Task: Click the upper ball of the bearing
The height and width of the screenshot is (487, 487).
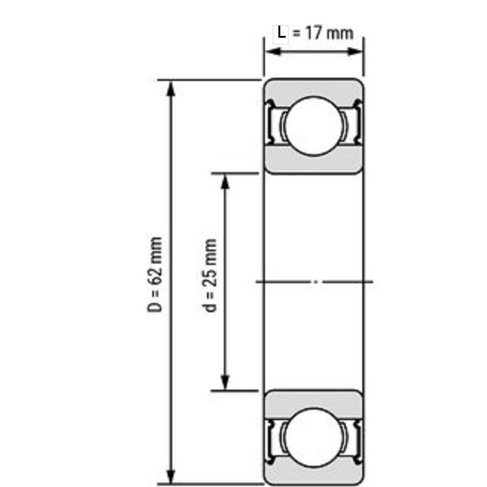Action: click(x=314, y=126)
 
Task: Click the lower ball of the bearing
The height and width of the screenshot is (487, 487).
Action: click(x=314, y=438)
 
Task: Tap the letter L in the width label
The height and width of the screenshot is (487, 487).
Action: click(x=281, y=33)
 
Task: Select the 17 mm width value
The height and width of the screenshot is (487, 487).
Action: click(x=329, y=33)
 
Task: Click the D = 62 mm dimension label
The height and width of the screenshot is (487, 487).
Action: click(x=155, y=275)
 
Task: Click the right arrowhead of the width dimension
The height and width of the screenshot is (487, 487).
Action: click(x=354, y=52)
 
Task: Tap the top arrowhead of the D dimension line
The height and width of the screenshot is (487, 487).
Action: click(x=171, y=89)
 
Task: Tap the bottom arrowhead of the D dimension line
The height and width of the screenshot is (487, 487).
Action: click(x=171, y=476)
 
